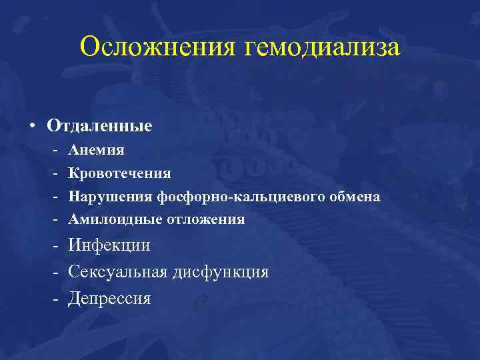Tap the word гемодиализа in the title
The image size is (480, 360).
tap(323, 48)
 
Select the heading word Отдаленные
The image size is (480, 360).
tap(109, 125)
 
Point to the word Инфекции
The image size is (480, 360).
tap(109, 245)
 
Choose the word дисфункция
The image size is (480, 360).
tap(221, 272)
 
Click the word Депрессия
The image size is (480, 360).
tap(109, 299)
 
